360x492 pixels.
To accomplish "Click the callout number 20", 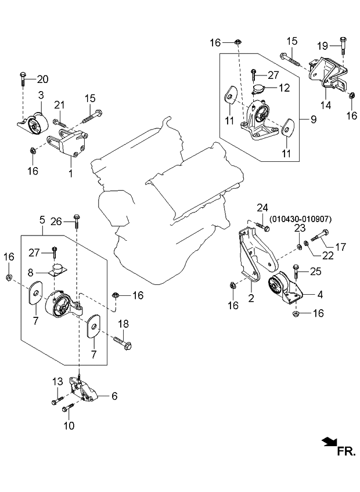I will pyautogui.click(x=43, y=79).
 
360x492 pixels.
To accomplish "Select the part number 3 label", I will pyautogui.click(x=41, y=95).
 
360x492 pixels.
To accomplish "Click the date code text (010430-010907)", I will pyautogui.click(x=300, y=219).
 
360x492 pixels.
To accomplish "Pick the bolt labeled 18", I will pyautogui.click(x=125, y=343).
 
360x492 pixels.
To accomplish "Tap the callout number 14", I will pyautogui.click(x=327, y=106).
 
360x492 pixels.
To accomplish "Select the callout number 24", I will pyautogui.click(x=262, y=207).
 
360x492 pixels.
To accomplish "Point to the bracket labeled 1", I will pyautogui.click(x=74, y=145).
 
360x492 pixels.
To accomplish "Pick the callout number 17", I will pyautogui.click(x=340, y=246).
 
